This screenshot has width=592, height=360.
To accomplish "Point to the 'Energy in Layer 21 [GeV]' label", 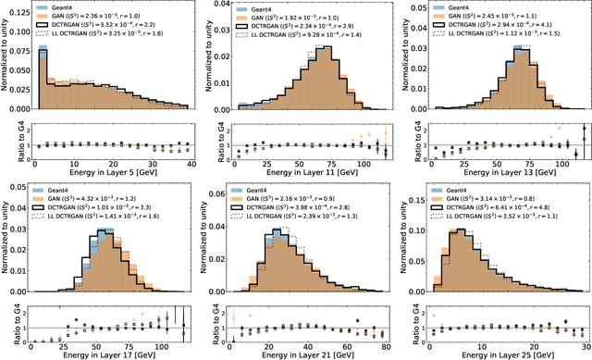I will pyautogui.click(x=308, y=354).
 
